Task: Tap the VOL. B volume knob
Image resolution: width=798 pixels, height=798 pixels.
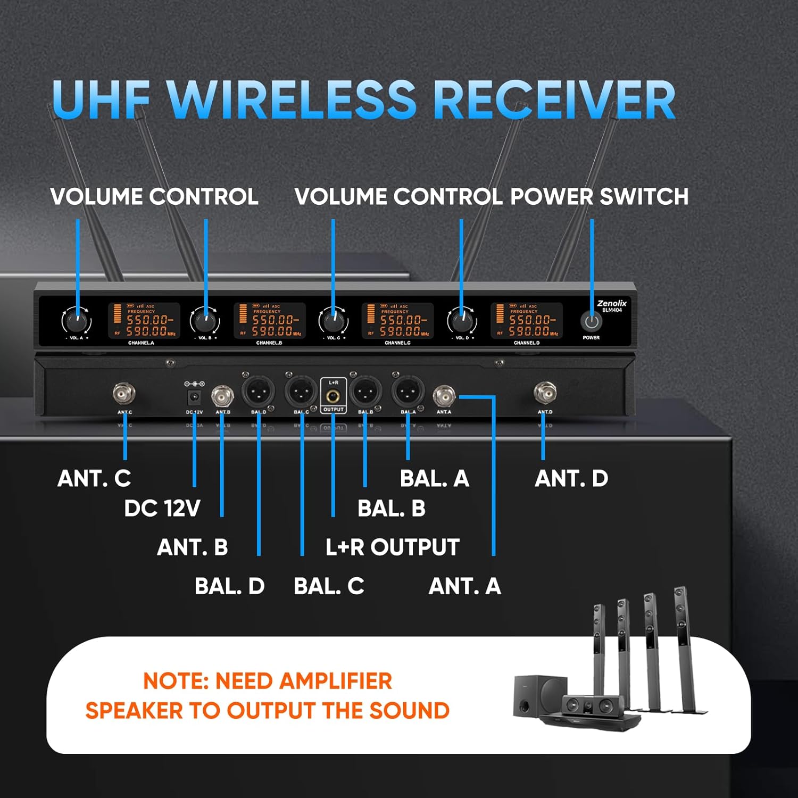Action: tap(205, 322)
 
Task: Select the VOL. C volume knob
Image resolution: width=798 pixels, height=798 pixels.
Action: tap(333, 322)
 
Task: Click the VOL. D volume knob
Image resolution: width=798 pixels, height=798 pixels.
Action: tap(461, 322)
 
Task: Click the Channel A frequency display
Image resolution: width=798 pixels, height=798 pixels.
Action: tap(144, 320)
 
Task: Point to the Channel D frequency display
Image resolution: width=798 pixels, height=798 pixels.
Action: tap(526, 320)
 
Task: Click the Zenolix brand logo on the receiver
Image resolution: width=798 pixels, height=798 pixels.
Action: tap(612, 303)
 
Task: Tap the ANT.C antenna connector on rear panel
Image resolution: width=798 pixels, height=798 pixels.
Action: tap(124, 394)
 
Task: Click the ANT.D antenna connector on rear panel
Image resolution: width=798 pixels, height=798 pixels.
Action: tap(545, 393)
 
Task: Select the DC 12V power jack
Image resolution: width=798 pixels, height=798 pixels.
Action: tap(195, 397)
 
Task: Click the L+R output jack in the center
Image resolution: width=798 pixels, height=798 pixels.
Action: tap(334, 396)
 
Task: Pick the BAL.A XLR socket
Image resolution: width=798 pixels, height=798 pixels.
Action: tap(408, 392)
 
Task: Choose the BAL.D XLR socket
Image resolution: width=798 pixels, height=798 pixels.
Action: tap(259, 393)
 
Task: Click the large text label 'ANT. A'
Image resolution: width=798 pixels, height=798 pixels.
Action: tap(464, 586)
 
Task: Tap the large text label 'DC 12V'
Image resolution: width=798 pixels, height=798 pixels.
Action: tap(162, 509)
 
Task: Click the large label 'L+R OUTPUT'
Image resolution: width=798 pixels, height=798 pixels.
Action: tap(392, 547)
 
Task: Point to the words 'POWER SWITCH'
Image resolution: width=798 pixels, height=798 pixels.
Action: tap(599, 197)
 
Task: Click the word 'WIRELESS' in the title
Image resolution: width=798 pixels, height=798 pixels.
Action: tap(290, 100)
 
